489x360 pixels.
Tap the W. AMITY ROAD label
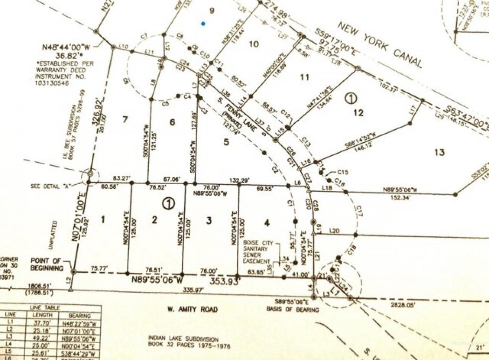(192, 309)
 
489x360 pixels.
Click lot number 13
(439, 152)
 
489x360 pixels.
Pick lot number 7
(125, 119)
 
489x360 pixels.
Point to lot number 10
(254, 44)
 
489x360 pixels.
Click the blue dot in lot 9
(203, 24)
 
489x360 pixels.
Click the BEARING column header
(80, 316)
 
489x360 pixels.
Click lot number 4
(267, 223)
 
